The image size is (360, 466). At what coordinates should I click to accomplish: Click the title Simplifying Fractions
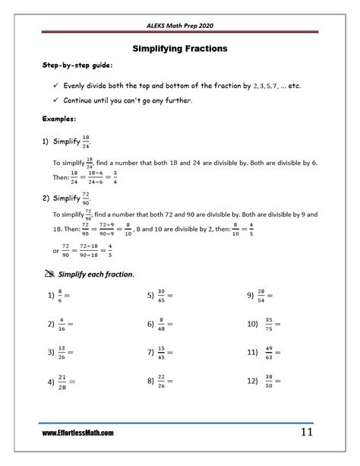180,49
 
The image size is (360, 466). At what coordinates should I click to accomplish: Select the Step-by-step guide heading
72,67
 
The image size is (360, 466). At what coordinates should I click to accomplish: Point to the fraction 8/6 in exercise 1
62,295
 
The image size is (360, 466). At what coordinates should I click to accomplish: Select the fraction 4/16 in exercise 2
62,324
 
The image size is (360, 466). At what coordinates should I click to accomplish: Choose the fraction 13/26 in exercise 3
63,353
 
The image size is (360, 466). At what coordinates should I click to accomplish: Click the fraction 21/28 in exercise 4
63,381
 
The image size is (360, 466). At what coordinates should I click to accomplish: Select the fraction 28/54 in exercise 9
262,295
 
